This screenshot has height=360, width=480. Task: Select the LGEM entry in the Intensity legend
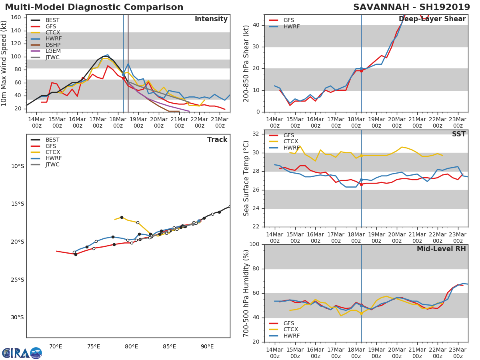53,51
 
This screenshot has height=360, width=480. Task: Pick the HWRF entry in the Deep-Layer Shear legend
291,26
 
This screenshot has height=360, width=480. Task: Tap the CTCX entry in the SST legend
291,142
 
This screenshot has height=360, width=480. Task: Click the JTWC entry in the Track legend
52,164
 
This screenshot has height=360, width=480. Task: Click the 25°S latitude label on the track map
18,280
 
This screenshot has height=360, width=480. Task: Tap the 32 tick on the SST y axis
256,134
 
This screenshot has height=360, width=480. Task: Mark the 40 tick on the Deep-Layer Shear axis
256,25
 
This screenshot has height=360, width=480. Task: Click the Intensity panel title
211,19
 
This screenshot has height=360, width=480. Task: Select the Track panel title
217,140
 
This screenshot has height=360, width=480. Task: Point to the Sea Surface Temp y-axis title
246,178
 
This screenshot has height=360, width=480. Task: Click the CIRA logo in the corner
22,353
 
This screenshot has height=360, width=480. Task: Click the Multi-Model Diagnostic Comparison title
94,7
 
